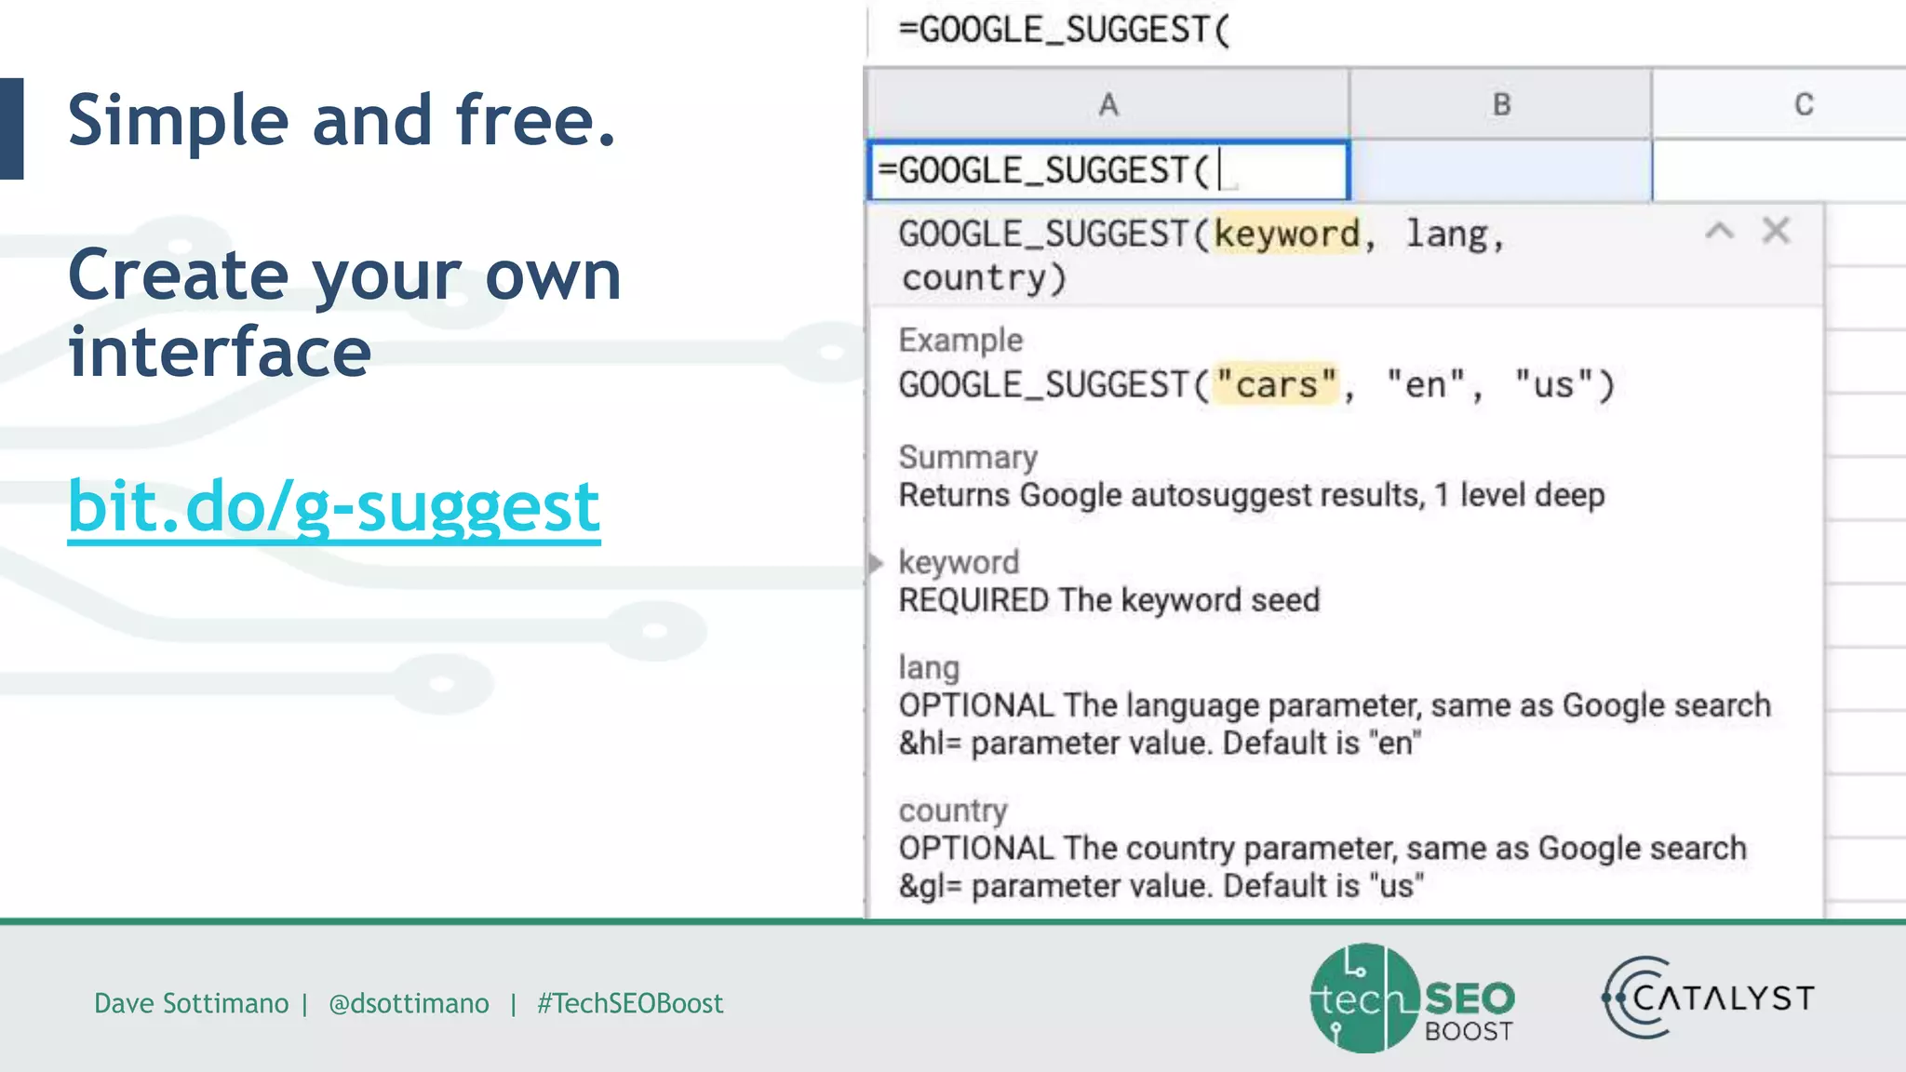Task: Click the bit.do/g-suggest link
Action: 334,507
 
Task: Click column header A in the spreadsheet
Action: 1107,104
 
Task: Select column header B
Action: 1501,104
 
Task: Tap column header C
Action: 1803,104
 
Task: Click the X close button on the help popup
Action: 1776,231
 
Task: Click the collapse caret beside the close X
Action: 1719,231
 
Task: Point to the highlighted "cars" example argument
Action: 1276,384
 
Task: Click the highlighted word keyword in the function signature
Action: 1287,234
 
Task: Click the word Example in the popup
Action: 960,341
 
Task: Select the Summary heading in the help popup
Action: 968,457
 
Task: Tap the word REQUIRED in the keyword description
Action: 973,600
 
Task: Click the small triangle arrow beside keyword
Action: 876,563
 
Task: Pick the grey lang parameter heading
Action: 929,667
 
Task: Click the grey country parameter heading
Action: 953,811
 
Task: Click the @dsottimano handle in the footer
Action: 409,1003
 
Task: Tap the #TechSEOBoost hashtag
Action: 630,1003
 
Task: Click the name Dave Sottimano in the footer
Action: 192,1003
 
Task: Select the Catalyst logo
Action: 1709,998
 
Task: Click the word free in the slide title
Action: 535,121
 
